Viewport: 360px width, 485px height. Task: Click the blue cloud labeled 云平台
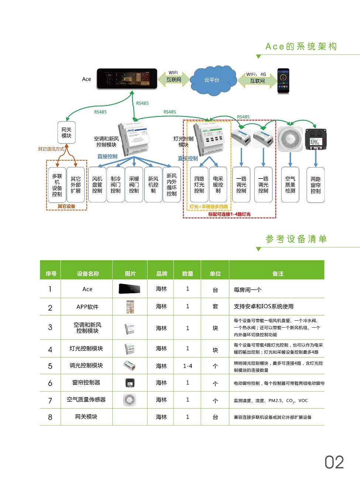coord(212,80)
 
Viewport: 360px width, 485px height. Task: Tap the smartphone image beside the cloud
coord(283,81)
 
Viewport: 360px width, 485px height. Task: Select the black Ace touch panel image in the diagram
coord(127,79)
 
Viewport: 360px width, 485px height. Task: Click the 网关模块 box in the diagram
coord(66,133)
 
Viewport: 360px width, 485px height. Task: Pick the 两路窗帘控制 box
coord(315,185)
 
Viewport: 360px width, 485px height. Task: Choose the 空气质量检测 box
coord(290,185)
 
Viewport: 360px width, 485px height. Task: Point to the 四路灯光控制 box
coord(199,185)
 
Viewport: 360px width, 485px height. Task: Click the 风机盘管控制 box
coord(97,185)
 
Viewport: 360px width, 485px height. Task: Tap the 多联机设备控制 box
coord(57,185)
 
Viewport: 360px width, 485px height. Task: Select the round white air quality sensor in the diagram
coord(290,139)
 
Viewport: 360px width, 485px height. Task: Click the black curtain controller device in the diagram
coord(316,139)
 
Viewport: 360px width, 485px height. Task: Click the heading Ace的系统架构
coord(301,47)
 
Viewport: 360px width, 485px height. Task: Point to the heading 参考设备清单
coord(296,239)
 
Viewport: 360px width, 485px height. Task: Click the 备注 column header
coord(278,274)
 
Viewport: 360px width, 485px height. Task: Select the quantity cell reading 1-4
coord(188,366)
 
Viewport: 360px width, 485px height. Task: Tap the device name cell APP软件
coord(87,307)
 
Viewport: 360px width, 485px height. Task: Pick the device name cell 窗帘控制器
coord(86,383)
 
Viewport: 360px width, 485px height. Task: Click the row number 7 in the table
coord(50,400)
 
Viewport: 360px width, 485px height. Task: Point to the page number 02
coord(334,462)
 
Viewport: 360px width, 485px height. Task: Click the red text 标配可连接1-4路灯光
coord(229,214)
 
